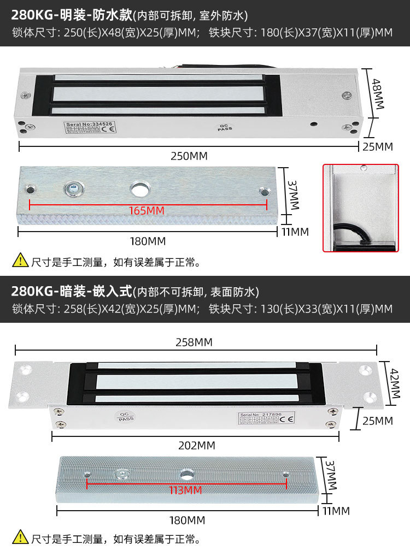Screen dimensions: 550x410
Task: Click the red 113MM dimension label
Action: pos(185,490)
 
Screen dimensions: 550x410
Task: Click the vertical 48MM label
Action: pos(378,93)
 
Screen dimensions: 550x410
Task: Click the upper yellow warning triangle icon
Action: pos(20,261)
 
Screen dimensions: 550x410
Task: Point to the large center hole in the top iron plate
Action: pos(139,189)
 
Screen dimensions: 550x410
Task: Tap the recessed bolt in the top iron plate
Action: pos(72,189)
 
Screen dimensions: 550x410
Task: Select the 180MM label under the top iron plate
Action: pos(147,241)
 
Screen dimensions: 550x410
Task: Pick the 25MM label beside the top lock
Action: pos(378,146)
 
